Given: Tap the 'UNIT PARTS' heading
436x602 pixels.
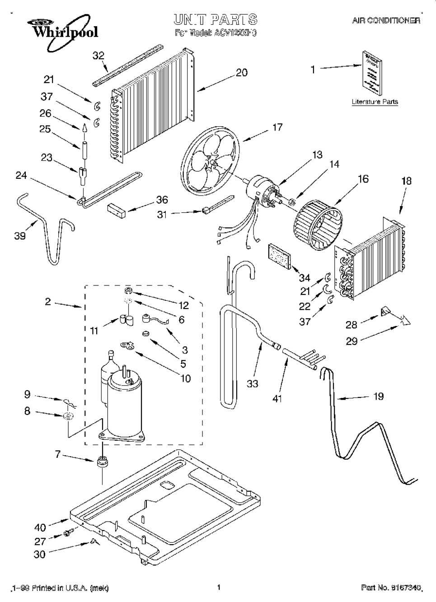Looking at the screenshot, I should pyautogui.click(x=216, y=19).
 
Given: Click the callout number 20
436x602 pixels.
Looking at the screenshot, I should pyautogui.click(x=242, y=72).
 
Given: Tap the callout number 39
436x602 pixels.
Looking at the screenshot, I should pyautogui.click(x=20, y=236).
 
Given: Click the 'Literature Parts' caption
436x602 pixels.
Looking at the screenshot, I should pyautogui.click(x=375, y=102).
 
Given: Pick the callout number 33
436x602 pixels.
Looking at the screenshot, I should pyautogui.click(x=253, y=383).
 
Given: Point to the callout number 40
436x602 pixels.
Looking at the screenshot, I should pyautogui.click(x=40, y=527).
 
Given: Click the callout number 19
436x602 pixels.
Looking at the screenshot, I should pyautogui.click(x=379, y=396).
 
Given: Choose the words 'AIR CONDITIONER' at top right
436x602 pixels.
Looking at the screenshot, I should pyautogui.click(x=386, y=21).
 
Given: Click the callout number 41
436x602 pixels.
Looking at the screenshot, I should pyautogui.click(x=277, y=399).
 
